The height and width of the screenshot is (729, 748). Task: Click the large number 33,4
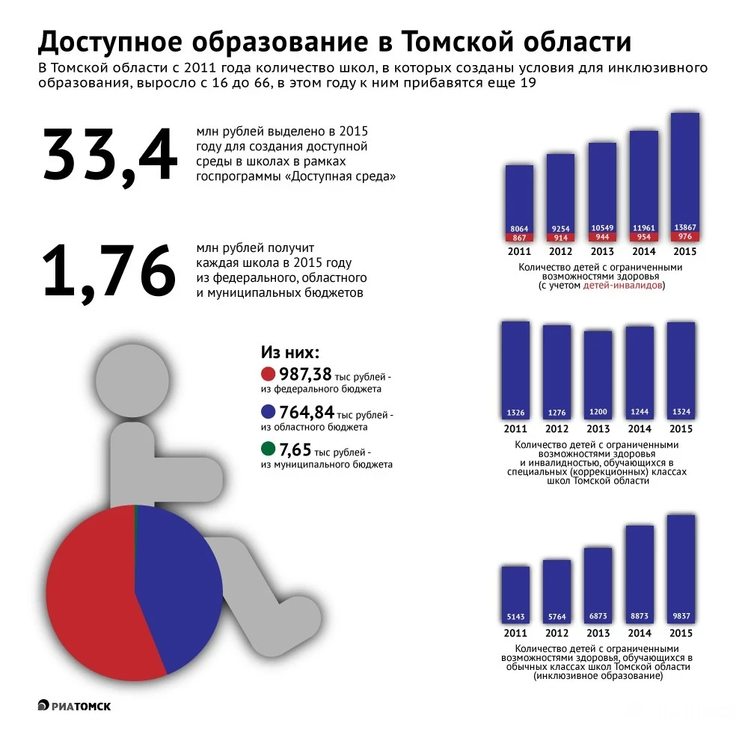click(x=110, y=156)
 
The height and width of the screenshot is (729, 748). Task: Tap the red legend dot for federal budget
click(x=269, y=374)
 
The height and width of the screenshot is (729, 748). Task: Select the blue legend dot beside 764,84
click(x=269, y=412)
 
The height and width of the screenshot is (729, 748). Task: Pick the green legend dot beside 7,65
click(x=269, y=449)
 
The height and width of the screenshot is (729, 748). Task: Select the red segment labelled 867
click(x=519, y=237)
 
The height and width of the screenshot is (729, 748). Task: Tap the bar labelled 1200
click(x=598, y=374)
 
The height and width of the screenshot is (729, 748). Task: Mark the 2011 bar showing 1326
click(x=515, y=370)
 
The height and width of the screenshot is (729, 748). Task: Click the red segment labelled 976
click(x=684, y=237)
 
